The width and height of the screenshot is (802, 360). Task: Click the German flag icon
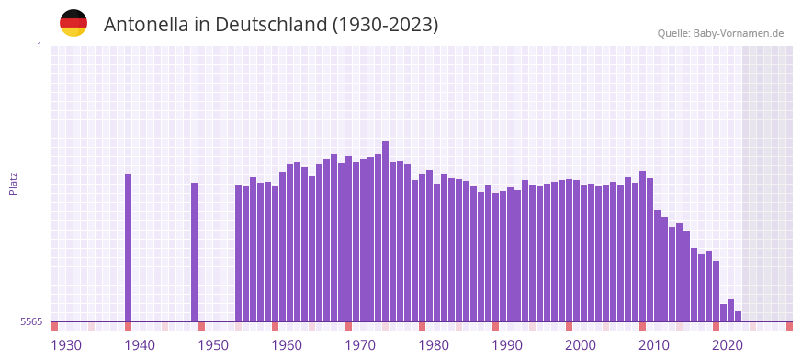[x=73, y=23]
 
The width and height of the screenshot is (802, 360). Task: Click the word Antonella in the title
[x=146, y=25]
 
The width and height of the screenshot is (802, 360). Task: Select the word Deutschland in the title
[x=268, y=25]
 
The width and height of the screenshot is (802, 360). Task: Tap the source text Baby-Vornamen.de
[x=739, y=33]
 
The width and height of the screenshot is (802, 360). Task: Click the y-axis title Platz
[x=13, y=183]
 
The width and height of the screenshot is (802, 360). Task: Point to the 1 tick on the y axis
[x=39, y=46]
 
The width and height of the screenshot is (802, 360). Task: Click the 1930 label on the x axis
[x=66, y=345]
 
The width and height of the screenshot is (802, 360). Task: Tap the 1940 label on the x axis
[x=140, y=345]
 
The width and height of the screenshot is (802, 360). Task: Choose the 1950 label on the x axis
[x=213, y=345]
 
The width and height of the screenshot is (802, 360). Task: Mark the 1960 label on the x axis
[x=287, y=345]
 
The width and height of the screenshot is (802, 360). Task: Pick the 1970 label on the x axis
[x=360, y=345]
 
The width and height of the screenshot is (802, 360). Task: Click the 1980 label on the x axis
[x=434, y=345]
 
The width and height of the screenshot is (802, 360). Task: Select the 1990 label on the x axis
[x=507, y=345]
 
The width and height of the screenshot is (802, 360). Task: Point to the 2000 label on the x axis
[x=581, y=345]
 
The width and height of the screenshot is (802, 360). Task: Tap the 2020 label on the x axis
[x=728, y=345]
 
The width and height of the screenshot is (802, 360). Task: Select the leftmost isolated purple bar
[x=129, y=248]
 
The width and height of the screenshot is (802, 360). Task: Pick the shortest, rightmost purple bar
[x=738, y=317]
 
